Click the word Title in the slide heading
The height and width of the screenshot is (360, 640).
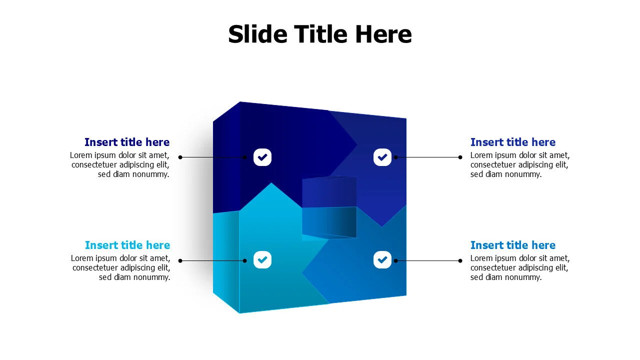pos(320,34)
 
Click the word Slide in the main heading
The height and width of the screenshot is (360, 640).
pos(257,34)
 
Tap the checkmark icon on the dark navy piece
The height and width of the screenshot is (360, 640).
pos(262,157)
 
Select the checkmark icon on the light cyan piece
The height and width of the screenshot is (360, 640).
pos(262,259)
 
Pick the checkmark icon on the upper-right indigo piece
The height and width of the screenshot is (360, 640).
pos(382,157)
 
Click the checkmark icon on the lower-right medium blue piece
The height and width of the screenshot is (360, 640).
pos(382,259)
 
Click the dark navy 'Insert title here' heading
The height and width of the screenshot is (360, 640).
pos(127,142)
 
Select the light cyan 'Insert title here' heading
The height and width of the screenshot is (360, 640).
pos(127,245)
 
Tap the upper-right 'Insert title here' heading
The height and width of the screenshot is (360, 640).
pos(513,142)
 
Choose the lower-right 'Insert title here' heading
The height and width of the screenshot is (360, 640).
pos(513,245)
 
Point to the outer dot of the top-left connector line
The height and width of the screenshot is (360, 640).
pos(180,157)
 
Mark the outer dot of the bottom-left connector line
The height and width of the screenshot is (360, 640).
pos(180,260)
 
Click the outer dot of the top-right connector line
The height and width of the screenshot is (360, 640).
pos(460,157)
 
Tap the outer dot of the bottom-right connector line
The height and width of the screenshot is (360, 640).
pos(460,260)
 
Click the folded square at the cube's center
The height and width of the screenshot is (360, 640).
pos(329,207)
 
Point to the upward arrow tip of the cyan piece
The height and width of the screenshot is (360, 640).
pos(271,183)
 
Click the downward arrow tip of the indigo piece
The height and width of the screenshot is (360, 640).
pos(382,226)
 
